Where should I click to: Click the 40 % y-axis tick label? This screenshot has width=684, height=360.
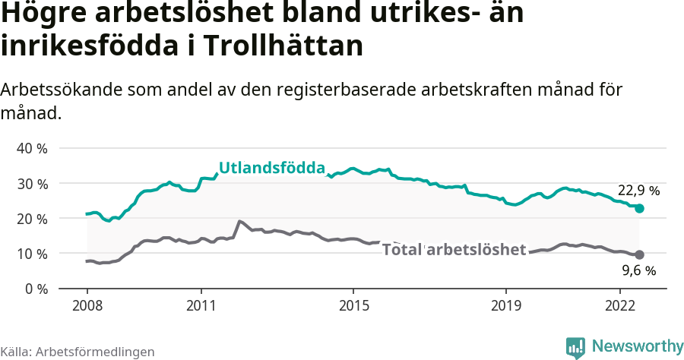[x=31, y=148]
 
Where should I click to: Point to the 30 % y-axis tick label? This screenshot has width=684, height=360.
[x=31, y=183]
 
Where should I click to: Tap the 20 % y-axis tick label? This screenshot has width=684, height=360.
[x=31, y=218]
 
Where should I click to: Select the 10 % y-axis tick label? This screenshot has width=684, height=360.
[x=31, y=253]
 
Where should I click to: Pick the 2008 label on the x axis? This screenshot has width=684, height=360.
[x=87, y=305]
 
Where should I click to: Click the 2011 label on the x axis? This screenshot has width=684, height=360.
[x=201, y=305]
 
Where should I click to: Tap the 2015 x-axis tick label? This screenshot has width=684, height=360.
[x=353, y=305]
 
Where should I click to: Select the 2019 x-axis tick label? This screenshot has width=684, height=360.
[x=505, y=305]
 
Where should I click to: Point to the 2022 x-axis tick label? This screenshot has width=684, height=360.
[x=619, y=305]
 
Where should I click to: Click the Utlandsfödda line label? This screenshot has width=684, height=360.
[x=272, y=169]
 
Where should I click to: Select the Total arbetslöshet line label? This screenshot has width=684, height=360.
[x=454, y=249]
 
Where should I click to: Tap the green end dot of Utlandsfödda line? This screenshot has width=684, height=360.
[x=639, y=208]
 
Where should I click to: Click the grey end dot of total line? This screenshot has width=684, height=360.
[x=639, y=254]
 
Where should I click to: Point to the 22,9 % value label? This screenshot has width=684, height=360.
[x=638, y=191]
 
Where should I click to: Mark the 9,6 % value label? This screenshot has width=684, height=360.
[x=638, y=270]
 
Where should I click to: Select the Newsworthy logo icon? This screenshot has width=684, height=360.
[x=575, y=347]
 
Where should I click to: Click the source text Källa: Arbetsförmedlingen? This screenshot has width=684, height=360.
[x=78, y=352]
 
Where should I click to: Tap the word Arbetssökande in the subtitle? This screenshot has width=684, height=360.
[x=58, y=90]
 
